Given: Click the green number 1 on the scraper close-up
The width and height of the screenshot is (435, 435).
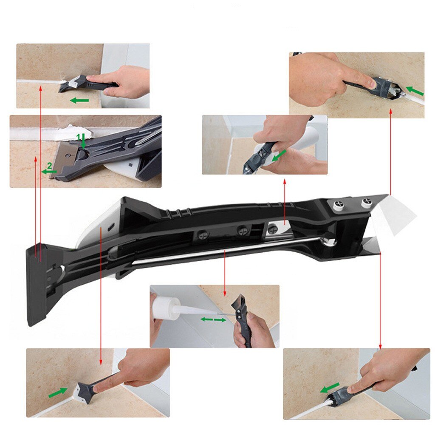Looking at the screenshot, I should coord(78,136).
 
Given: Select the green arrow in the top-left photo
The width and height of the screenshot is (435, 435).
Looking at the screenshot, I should coord(79,101).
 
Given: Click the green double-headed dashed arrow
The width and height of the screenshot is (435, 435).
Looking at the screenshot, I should coord(213,319).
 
